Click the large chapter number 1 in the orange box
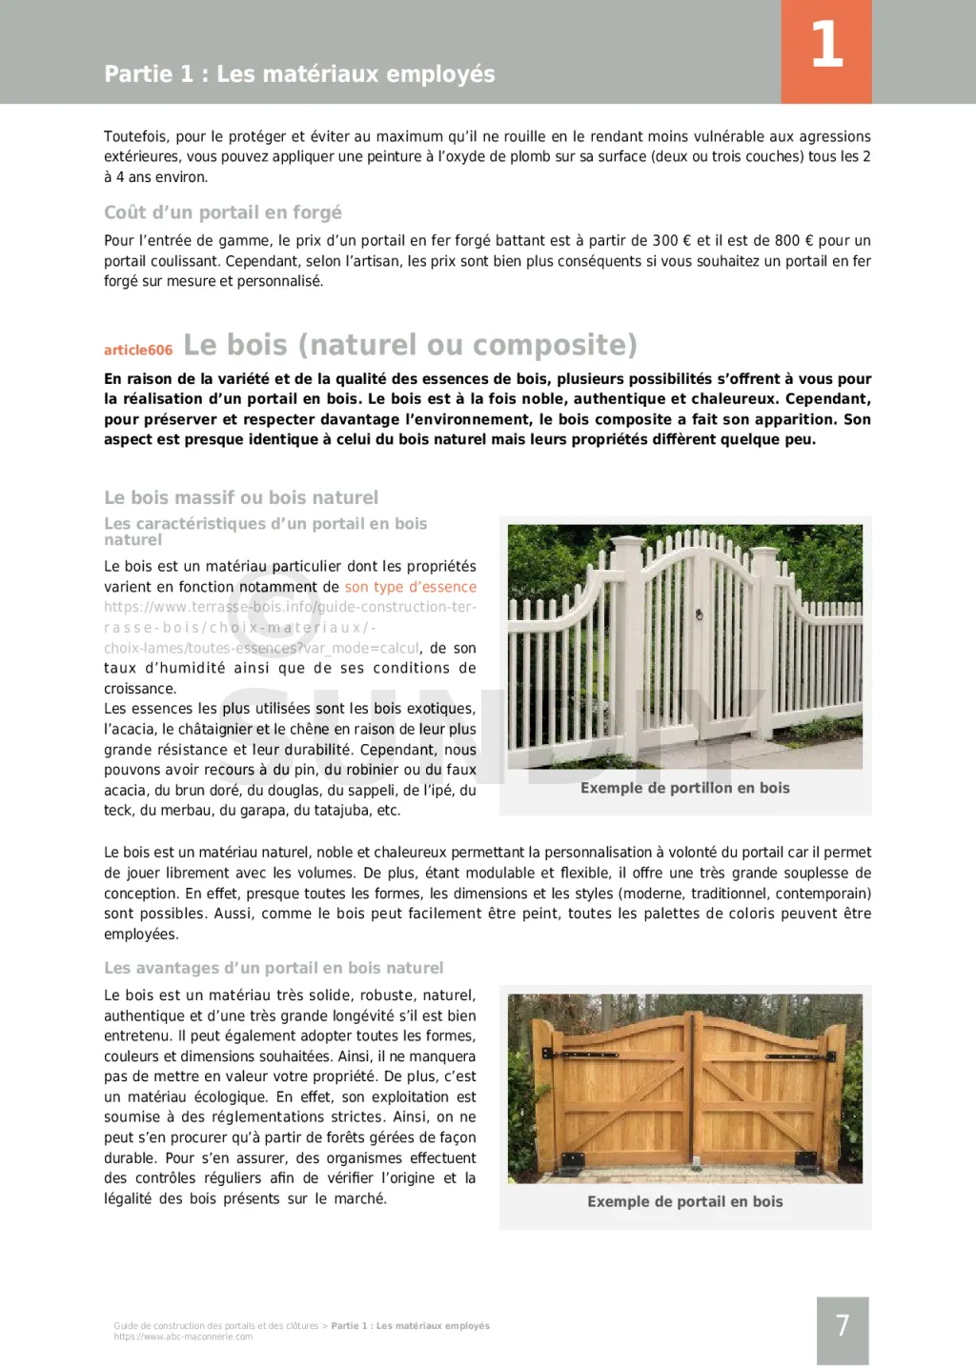[x=826, y=45]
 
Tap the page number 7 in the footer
[x=843, y=1325]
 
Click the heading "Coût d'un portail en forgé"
[x=222, y=212]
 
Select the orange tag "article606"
[x=138, y=350]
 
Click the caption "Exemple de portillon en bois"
[x=684, y=788]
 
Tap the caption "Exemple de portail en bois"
[x=684, y=1201]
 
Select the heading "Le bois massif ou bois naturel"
[x=241, y=497]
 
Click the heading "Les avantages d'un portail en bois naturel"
[x=274, y=968]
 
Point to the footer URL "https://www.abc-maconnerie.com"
[x=183, y=1337]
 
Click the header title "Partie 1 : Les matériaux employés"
[x=299, y=73]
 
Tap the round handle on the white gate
[x=700, y=614]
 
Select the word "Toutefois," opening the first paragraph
[x=139, y=136]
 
